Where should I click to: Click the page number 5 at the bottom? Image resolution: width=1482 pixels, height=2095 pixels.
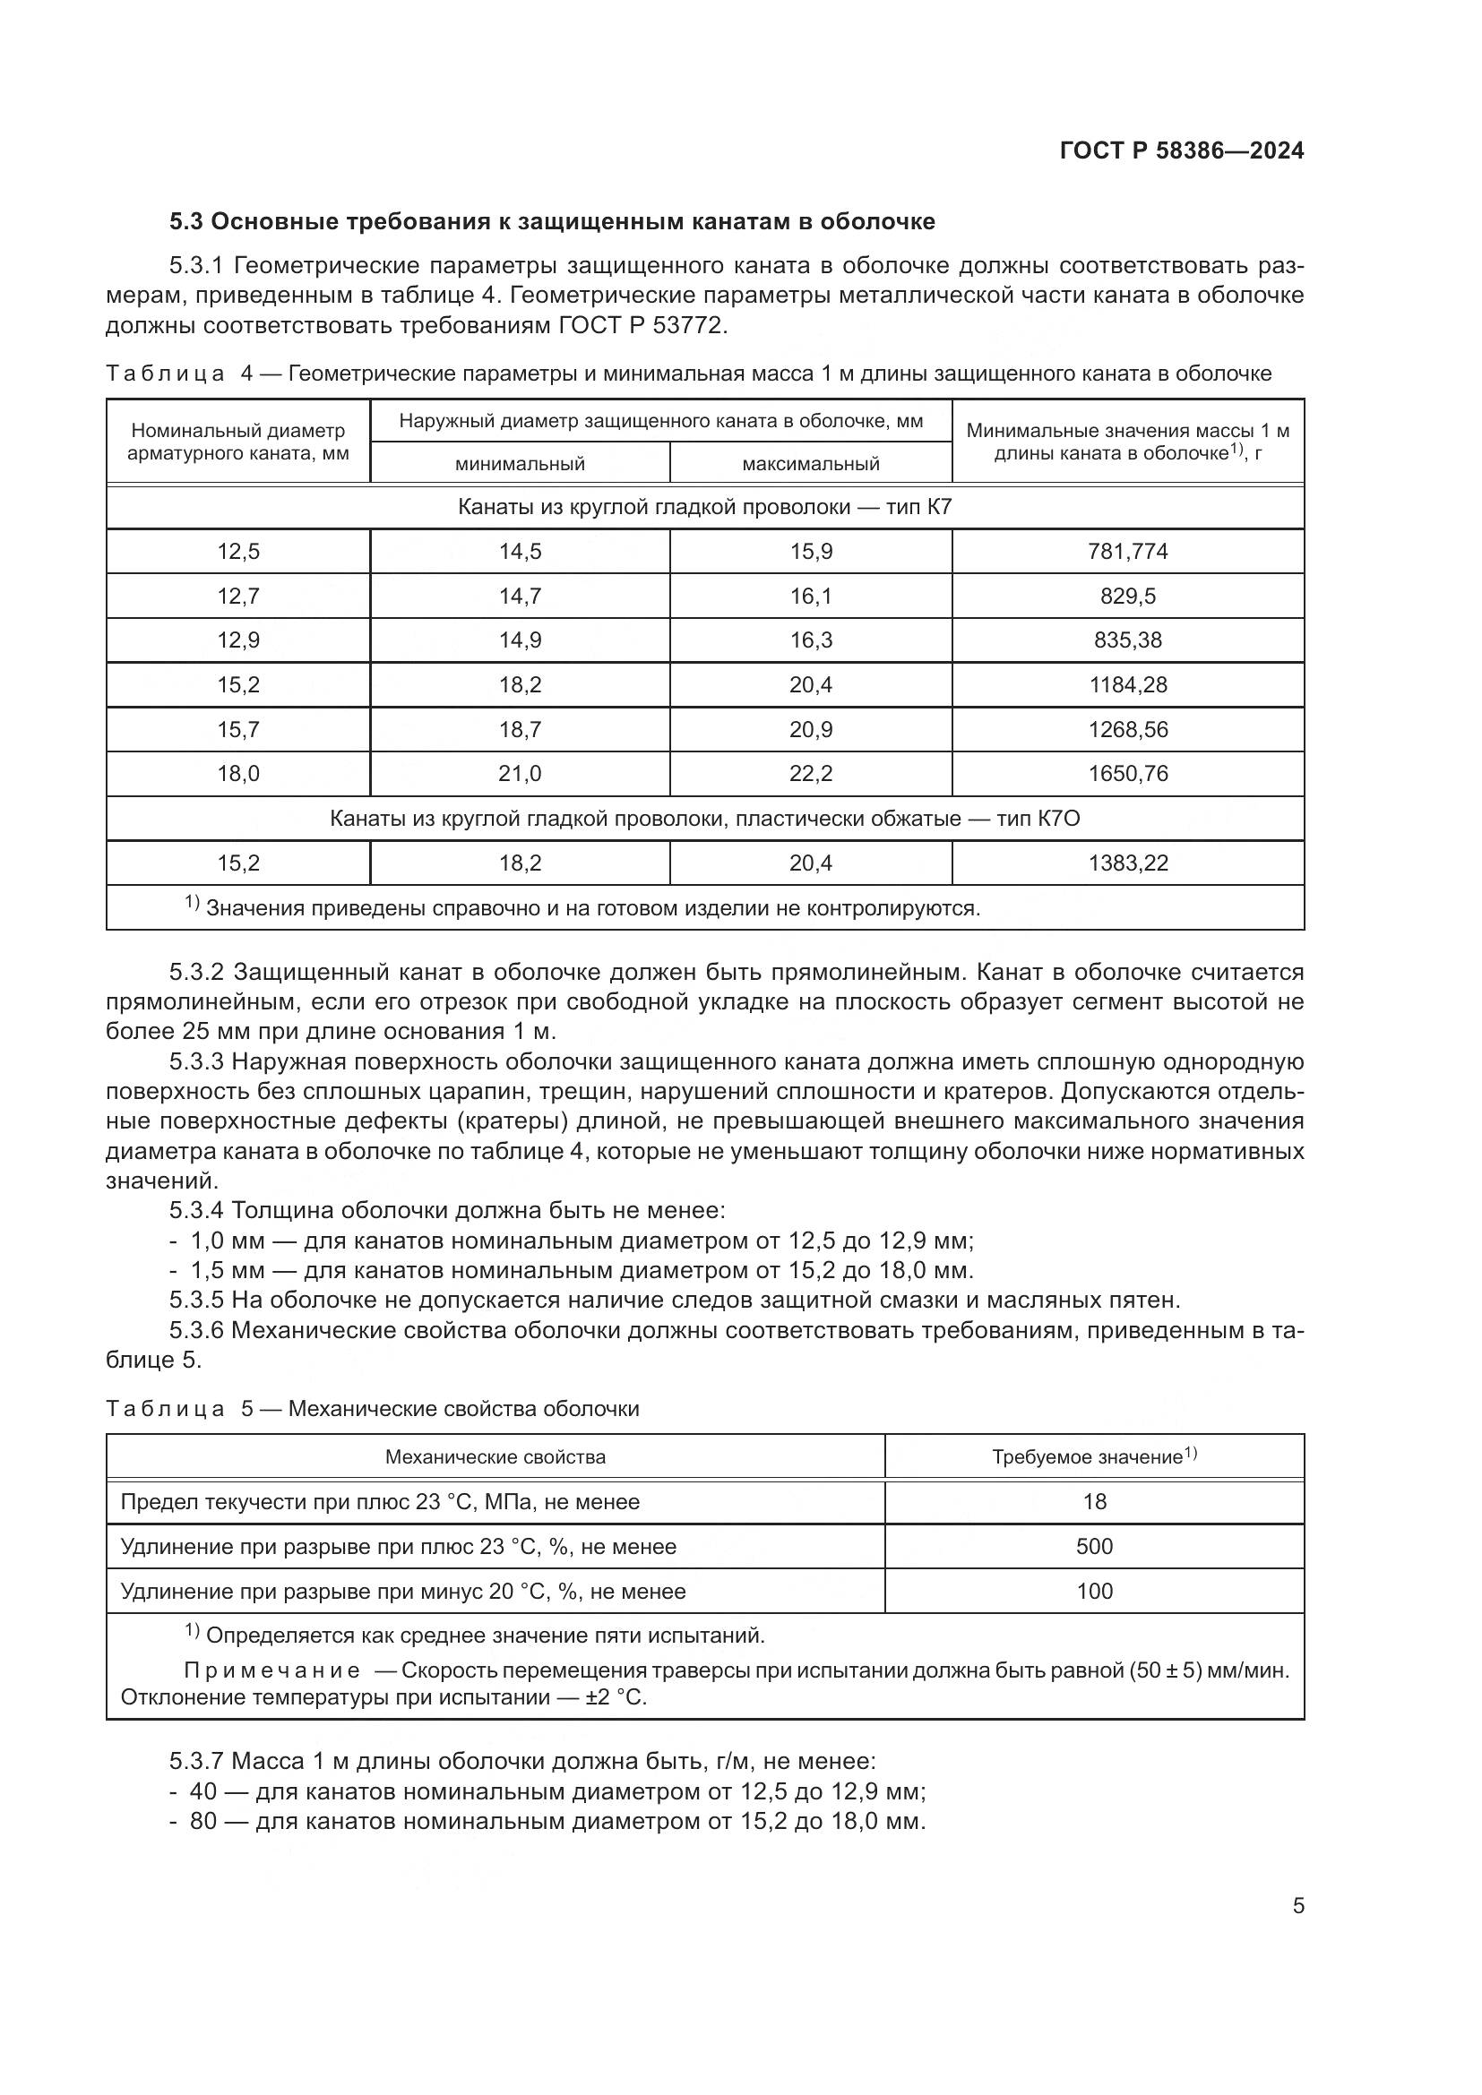click(x=1297, y=1905)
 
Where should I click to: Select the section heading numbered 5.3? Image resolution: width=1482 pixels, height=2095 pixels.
click(x=552, y=222)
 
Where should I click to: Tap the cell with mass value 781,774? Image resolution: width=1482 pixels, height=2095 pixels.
click(x=1127, y=551)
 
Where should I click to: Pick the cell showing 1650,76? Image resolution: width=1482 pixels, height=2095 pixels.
click(x=1127, y=774)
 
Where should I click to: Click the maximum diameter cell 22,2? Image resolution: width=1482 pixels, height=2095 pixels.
click(x=810, y=774)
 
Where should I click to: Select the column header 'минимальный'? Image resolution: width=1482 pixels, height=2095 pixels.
click(x=520, y=464)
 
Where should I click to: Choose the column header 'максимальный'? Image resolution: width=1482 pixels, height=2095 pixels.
click(x=810, y=464)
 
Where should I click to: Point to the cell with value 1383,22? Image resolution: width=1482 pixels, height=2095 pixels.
click(x=1127, y=863)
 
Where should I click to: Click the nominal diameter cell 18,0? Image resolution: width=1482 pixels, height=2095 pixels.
click(x=238, y=774)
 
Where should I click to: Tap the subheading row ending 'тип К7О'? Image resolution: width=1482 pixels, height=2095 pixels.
click(x=704, y=819)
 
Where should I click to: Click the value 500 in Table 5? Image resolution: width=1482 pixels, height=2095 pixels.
click(x=1094, y=1547)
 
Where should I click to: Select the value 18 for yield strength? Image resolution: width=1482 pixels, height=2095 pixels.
click(x=1094, y=1502)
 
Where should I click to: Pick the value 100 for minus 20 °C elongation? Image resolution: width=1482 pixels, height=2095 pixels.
click(x=1094, y=1592)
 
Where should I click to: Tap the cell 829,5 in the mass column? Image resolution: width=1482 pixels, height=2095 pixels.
click(x=1127, y=596)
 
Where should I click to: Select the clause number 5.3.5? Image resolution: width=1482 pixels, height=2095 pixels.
click(x=196, y=1300)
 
